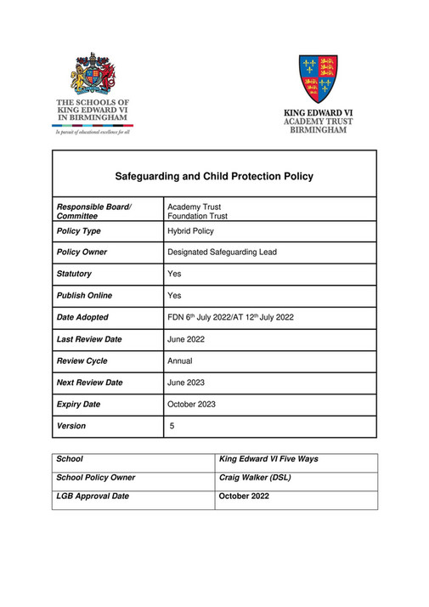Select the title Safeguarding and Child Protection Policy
pos(214,177)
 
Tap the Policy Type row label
pos(78,230)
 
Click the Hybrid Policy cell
pos(191,230)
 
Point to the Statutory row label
pos(74,274)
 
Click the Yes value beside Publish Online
pos(175,296)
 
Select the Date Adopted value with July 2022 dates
pos(231,318)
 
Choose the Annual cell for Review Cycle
pos(180,361)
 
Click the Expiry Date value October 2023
pos(191,405)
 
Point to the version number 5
pos(172,426)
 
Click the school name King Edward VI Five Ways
pos(268,459)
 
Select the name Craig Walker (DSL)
pos(255,478)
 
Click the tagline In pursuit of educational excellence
pos(92,133)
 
